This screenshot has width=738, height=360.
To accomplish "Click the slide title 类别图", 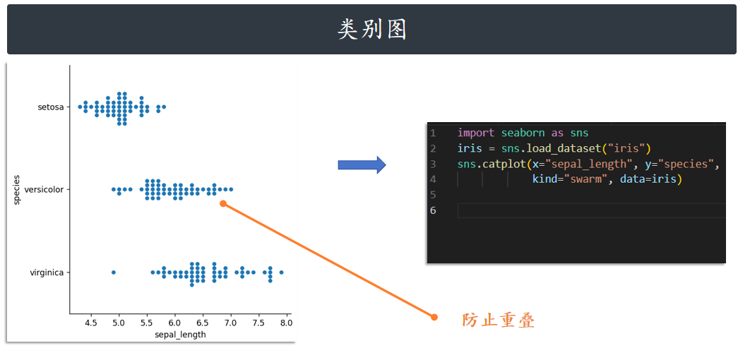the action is point(371,30).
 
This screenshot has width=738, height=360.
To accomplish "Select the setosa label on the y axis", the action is point(51,107).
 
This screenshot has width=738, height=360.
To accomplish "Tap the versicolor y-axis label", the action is point(44,190).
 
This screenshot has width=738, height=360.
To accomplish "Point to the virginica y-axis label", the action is point(47,272).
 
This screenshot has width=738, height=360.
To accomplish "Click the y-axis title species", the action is point(17,189).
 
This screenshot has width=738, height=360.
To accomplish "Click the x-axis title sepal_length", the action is point(180,335).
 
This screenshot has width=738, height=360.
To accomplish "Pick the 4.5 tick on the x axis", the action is point(91,323).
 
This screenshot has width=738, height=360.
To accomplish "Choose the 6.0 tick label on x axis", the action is point(174,323).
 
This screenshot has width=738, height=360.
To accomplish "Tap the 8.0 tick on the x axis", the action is point(286,323).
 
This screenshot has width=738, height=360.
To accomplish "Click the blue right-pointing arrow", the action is point(362,165).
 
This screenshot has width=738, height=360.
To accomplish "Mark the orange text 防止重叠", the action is point(499,320).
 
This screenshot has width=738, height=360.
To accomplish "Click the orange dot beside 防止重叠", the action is point(434,317).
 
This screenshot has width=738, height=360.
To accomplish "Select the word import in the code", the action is point(476,133).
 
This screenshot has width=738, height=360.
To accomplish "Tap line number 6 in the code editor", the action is point(432,210).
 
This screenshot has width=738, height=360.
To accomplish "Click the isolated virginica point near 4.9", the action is point(113,272).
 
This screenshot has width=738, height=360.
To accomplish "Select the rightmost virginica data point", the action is point(281,272).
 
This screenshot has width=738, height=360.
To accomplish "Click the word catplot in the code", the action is point(504,164).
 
